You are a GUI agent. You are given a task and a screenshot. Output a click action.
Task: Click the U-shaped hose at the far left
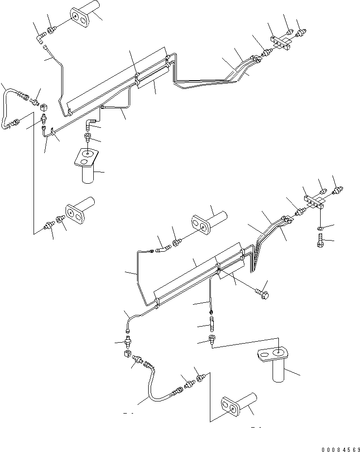(10, 109)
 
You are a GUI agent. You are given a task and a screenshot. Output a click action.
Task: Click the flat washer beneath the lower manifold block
(319, 228)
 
